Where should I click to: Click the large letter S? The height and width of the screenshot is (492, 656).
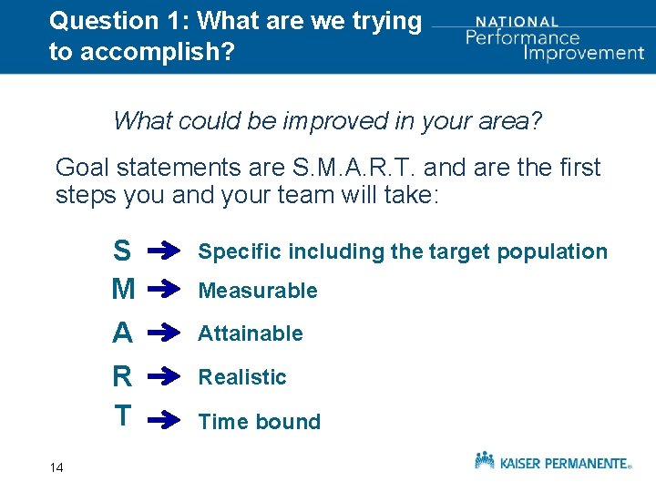121,250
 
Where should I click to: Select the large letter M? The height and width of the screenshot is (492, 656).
122,291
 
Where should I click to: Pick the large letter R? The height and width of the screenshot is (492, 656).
122,376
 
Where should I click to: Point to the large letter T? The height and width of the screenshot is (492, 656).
121,416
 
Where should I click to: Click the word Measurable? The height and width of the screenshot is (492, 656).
258,291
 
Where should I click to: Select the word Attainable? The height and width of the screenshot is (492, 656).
251,333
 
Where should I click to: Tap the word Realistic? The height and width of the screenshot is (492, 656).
242,376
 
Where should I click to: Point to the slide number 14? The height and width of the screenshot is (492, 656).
56,467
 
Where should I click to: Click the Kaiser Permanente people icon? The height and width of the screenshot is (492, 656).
485,459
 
